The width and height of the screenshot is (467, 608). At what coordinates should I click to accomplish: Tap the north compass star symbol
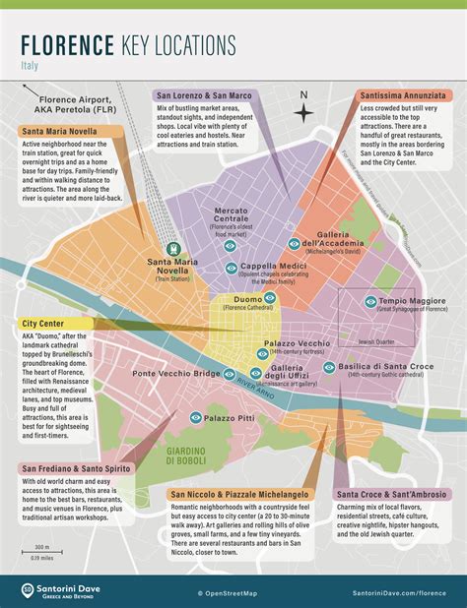coord(303,114)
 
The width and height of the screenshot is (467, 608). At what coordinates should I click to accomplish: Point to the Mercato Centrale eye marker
coord(230,246)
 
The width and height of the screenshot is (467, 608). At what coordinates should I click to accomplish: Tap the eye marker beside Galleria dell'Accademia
coord(294,243)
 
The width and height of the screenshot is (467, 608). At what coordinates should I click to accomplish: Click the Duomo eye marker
coord(269,297)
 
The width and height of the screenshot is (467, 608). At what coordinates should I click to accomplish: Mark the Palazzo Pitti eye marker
coord(195,418)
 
